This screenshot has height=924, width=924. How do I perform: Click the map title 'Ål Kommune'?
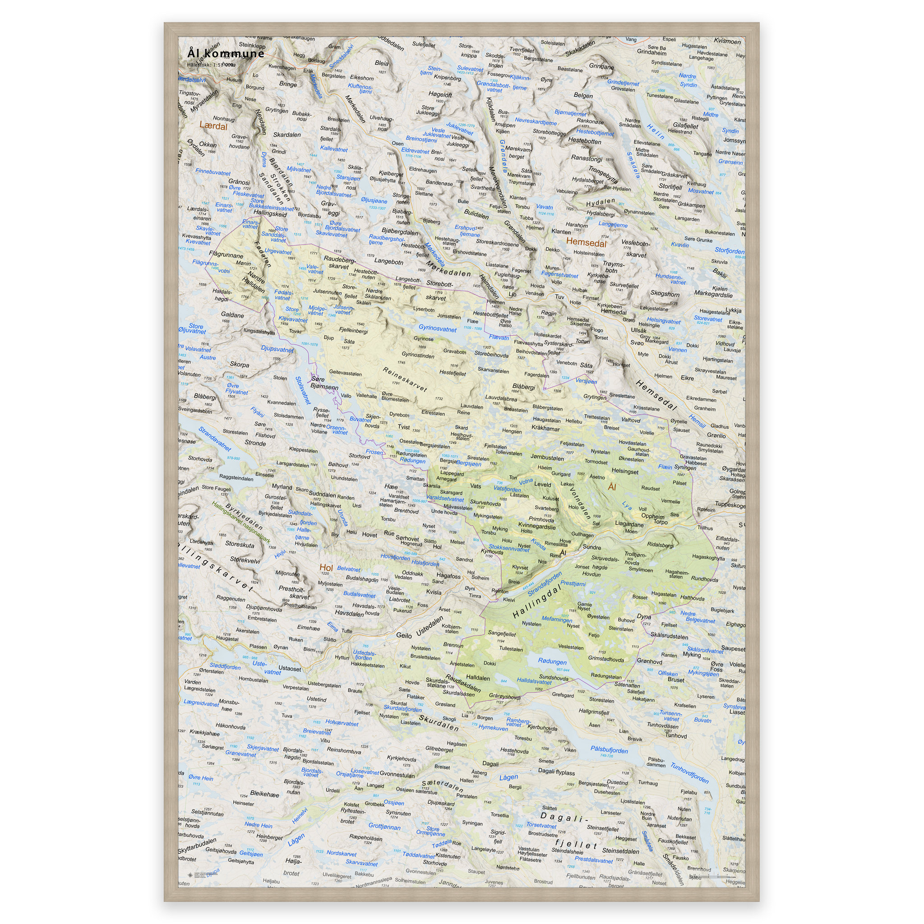[226, 53]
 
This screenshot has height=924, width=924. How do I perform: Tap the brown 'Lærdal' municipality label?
[213, 126]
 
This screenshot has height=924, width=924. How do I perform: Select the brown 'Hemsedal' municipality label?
[586, 242]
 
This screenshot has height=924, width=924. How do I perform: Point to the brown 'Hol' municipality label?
[326, 568]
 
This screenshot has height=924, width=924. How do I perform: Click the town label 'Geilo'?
[404, 635]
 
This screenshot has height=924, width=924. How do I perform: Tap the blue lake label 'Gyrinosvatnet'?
[438, 328]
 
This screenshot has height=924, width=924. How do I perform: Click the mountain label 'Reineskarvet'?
[405, 379]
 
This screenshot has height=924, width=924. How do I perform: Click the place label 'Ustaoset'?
[290, 669]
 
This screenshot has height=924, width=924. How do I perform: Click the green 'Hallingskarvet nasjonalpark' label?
[241, 523]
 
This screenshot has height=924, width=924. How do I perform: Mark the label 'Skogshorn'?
[665, 294]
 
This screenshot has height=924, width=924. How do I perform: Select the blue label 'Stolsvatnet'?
[303, 390]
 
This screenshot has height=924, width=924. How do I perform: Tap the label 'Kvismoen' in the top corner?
[727, 41]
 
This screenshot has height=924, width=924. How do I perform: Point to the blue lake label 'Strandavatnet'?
[215, 439]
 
